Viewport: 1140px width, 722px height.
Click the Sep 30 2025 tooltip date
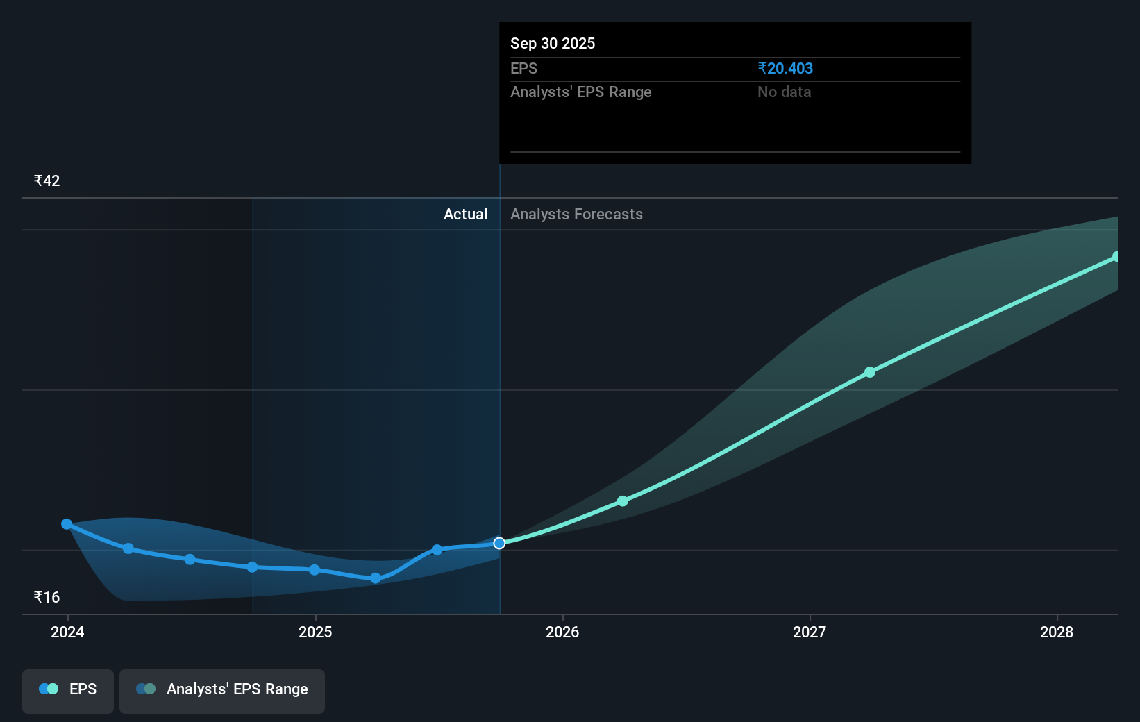(553, 43)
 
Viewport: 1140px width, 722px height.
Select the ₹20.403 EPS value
(785, 68)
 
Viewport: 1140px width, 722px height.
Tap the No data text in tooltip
(784, 92)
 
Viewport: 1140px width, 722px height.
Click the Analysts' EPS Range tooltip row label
(580, 92)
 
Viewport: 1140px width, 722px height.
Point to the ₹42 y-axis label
(47, 180)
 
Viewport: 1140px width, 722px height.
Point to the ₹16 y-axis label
(47, 597)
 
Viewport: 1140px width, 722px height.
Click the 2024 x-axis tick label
(67, 632)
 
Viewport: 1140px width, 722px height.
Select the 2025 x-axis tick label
(315, 632)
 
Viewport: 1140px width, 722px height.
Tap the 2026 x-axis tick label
(562, 632)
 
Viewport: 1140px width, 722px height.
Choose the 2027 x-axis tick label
(810, 632)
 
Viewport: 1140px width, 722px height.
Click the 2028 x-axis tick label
(1057, 632)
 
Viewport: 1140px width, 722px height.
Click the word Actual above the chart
(465, 214)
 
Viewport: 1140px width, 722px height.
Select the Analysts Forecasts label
(576, 214)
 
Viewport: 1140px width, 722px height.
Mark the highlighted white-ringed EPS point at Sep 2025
(499, 543)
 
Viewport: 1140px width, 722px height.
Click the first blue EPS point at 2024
(67, 524)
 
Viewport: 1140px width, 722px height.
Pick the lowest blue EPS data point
(376, 578)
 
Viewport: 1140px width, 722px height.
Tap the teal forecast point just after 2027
(870, 372)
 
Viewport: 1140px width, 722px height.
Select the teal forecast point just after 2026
(623, 501)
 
